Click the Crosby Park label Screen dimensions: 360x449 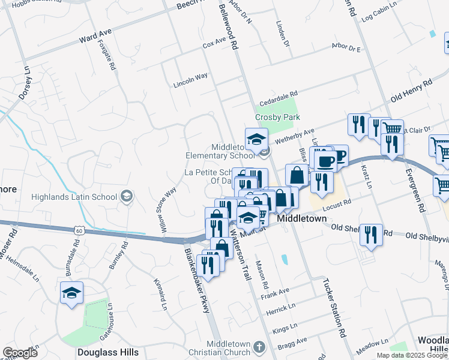coord(277,118)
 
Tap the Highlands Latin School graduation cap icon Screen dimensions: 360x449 coord(127,195)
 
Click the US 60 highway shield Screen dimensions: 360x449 coord(79,230)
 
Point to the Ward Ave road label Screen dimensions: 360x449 coord(96,40)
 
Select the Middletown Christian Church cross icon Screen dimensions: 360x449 coord(259,347)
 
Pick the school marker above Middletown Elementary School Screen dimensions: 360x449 coord(256,139)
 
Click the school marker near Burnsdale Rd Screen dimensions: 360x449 coord(71,293)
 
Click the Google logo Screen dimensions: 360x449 coord(20,353)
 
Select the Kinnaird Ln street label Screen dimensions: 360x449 coord(163,295)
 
